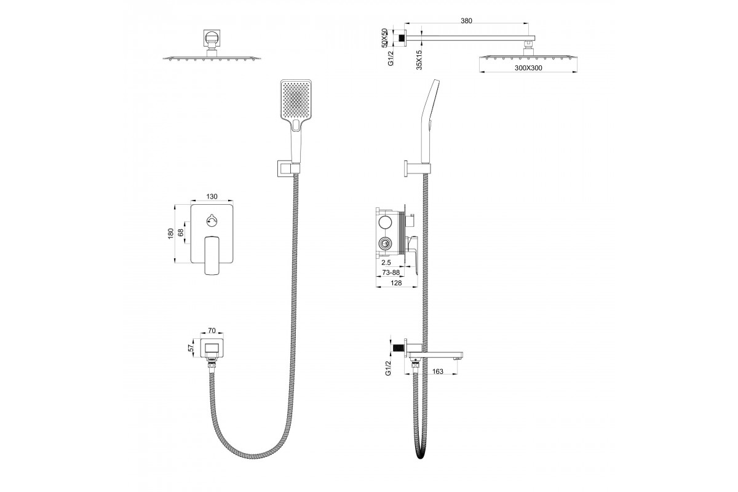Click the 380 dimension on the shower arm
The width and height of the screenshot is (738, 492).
coord(466,20)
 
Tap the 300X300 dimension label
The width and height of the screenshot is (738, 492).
coord(528,68)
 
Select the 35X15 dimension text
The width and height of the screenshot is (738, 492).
coord(419,60)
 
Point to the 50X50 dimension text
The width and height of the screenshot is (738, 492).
coord(384,38)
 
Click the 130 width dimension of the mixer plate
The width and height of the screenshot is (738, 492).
coord(212,196)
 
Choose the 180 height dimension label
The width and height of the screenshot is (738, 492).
coord(171,233)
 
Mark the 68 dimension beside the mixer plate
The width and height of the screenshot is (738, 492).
coord(181,232)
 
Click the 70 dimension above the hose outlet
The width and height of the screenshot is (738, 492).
coord(212,330)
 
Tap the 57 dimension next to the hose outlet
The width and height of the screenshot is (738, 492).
coord(190,347)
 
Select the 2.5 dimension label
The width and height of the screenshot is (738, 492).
coord(386,263)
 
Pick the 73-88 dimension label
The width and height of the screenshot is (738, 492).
coord(391,272)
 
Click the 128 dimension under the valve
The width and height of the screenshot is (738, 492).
coord(396,283)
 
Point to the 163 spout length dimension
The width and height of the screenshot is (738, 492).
coord(437,371)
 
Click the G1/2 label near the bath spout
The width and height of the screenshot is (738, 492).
coord(388,368)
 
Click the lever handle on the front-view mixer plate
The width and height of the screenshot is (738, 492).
coord(212,255)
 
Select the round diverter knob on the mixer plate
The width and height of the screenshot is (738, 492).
coord(212,220)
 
